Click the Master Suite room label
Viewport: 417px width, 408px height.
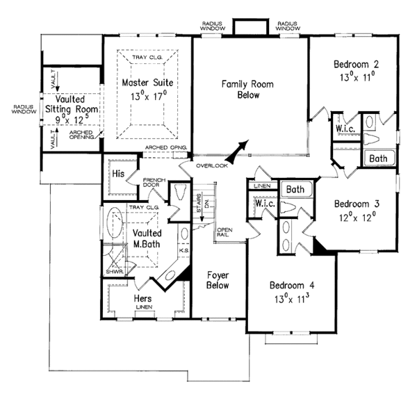pyautogui.click(x=147, y=83)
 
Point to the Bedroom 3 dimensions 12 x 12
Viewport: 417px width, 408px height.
pyautogui.click(x=356, y=216)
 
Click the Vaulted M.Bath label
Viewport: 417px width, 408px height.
pyautogui.click(x=143, y=236)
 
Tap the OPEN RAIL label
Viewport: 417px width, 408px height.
pyautogui.click(x=224, y=233)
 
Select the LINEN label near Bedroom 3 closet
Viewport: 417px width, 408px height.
pyautogui.click(x=262, y=186)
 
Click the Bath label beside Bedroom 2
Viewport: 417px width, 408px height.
pyautogui.click(x=378, y=158)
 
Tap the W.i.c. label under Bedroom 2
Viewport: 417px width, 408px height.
pyautogui.click(x=345, y=130)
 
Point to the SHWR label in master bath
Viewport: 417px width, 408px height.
pyautogui.click(x=113, y=271)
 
